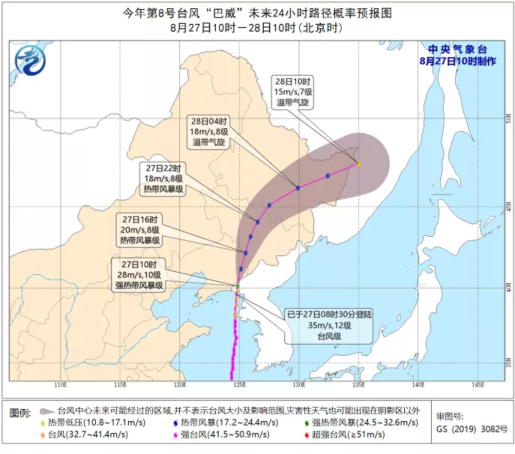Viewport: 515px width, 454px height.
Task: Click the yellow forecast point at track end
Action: coord(358,164)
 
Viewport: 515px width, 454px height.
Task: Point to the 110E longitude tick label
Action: coord(61,385)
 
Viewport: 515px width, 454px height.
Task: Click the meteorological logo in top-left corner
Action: coord(31,61)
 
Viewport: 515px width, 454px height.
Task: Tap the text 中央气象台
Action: coord(458,50)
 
